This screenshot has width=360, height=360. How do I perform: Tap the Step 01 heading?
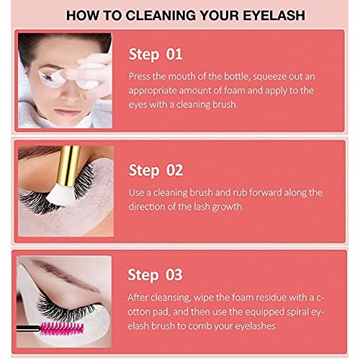(x=155, y=54)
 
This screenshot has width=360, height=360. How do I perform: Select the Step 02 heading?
(x=155, y=170)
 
